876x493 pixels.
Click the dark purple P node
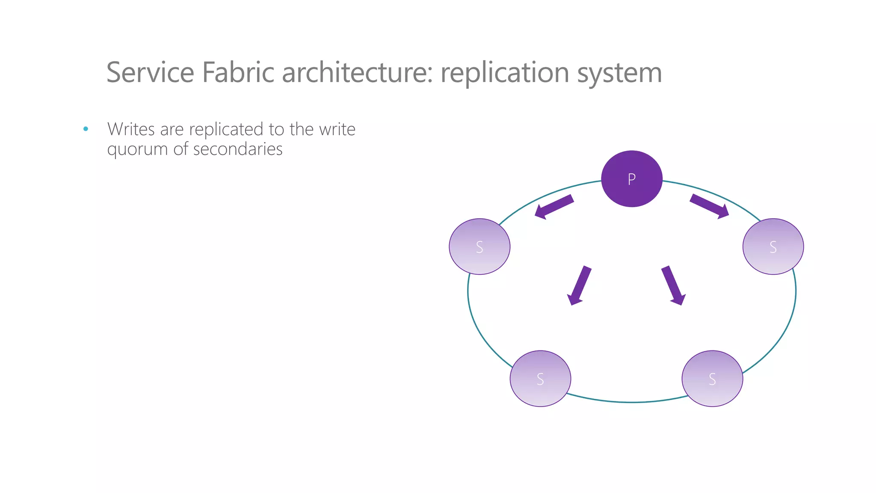[x=632, y=179]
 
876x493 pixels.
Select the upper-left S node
[x=479, y=246]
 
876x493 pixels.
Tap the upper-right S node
[x=773, y=246]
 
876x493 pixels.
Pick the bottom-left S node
[x=540, y=379]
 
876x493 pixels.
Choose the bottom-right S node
[x=712, y=379]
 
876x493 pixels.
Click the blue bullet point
[x=86, y=129]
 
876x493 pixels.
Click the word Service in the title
[x=150, y=72]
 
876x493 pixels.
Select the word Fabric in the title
[x=238, y=72]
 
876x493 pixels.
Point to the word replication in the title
[x=505, y=72]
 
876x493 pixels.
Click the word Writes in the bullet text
[x=131, y=129]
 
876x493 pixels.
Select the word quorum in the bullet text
[x=137, y=150]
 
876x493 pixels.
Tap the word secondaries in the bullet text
[x=238, y=149]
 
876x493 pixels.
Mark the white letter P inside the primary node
[x=631, y=179]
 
